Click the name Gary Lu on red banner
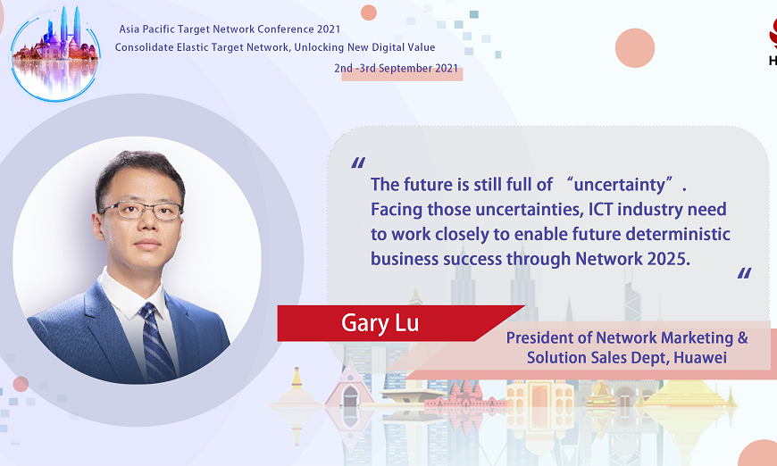pyautogui.click(x=380, y=323)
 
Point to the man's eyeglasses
pyautogui.click(x=141, y=211)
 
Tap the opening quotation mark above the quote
pyautogui.click(x=358, y=163)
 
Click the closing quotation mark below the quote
pyautogui.click(x=744, y=273)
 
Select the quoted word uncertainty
pyautogui.click(x=622, y=185)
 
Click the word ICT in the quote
pyautogui.click(x=581, y=210)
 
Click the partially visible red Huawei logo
pyautogui.click(x=771, y=40)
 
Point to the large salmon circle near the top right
pyautogui.click(x=635, y=47)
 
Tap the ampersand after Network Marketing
pyautogui.click(x=741, y=337)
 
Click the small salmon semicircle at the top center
pyautogui.click(x=368, y=12)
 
